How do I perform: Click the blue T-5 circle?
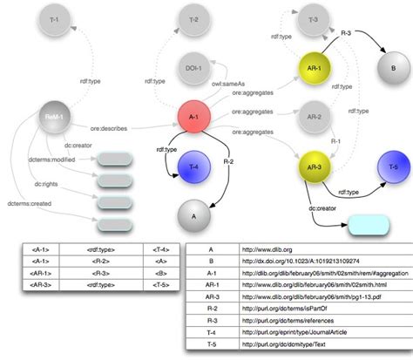(389, 166)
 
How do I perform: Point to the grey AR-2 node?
(315, 116)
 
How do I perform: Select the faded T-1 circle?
(55, 18)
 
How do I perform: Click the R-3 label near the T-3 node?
(346, 33)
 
